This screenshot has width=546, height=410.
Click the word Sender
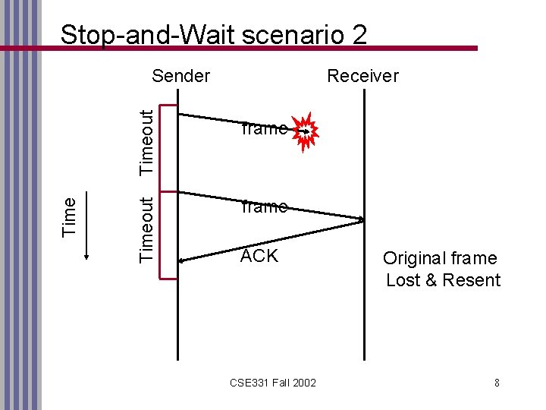click(x=180, y=75)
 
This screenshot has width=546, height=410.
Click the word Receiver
click(x=362, y=75)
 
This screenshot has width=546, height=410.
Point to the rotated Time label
click(x=69, y=216)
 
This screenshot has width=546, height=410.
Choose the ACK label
click(x=259, y=256)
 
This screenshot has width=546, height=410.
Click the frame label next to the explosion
click(x=263, y=128)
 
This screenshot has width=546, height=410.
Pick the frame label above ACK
click(x=263, y=206)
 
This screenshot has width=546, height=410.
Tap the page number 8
click(x=497, y=383)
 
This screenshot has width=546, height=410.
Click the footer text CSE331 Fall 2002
click(x=273, y=383)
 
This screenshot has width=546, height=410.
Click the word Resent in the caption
click(x=472, y=280)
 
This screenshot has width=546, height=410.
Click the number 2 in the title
click(x=359, y=34)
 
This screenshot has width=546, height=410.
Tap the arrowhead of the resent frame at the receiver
click(x=361, y=221)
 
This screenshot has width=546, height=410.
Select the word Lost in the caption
click(x=402, y=280)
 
